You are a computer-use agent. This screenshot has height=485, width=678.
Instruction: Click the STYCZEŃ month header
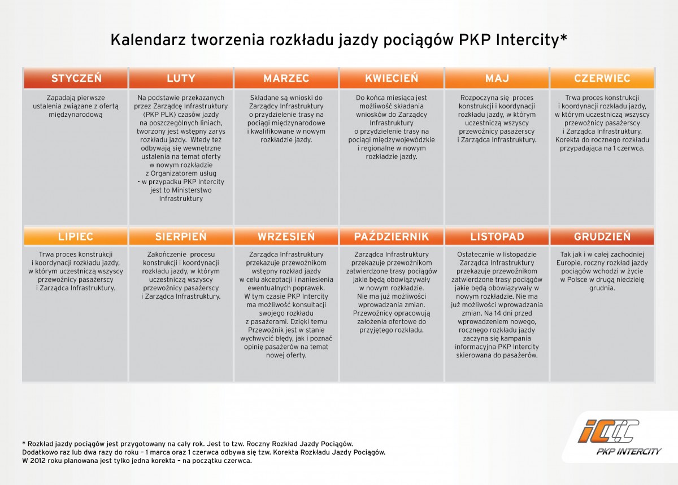pyautogui.click(x=76, y=78)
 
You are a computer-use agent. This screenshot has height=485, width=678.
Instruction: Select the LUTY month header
pyautogui.click(x=181, y=78)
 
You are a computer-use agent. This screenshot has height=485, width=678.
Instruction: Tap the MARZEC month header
pyautogui.click(x=286, y=78)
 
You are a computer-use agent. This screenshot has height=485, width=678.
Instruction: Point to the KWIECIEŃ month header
pyautogui.click(x=392, y=78)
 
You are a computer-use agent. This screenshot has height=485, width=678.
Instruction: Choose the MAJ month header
pyautogui.click(x=497, y=78)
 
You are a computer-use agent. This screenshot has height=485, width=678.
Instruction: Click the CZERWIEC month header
pyautogui.click(x=602, y=78)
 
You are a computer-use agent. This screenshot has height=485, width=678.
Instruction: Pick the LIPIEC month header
pyautogui.click(x=76, y=237)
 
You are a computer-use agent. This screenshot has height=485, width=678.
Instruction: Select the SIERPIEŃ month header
pyautogui.click(x=181, y=237)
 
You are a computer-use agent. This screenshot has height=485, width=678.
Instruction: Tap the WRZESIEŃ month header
pyautogui.click(x=286, y=237)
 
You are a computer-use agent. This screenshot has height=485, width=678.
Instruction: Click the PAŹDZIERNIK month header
pyautogui.click(x=392, y=237)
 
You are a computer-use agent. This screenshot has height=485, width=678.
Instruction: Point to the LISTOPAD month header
pyautogui.click(x=497, y=237)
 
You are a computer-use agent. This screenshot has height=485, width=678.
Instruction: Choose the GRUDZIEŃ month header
pyautogui.click(x=602, y=237)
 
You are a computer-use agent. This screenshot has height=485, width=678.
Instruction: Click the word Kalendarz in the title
pyautogui.click(x=149, y=40)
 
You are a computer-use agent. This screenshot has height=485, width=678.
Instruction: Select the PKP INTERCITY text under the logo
pyautogui.click(x=628, y=451)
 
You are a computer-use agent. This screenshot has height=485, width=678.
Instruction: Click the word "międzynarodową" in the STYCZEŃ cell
pyautogui.click(x=76, y=115)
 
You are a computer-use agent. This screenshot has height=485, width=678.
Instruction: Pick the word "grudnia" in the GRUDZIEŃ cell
pyautogui.click(x=602, y=288)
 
